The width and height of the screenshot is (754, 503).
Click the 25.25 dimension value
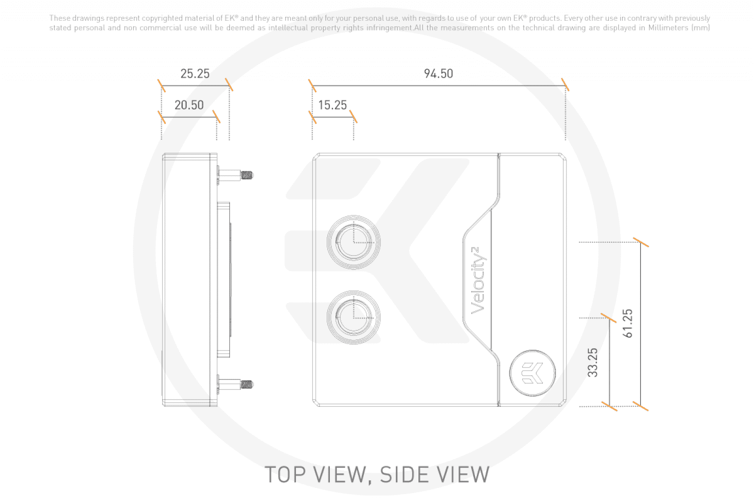(195, 74)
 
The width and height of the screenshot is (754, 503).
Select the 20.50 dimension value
(189, 105)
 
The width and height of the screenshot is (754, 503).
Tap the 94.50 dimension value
(438, 74)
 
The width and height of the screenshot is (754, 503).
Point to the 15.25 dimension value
(333, 105)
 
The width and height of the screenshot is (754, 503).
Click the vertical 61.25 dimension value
(628, 323)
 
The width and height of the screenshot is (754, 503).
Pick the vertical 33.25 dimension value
(593, 363)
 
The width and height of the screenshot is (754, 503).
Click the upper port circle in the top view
(354, 242)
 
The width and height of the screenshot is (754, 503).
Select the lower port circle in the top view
(354, 317)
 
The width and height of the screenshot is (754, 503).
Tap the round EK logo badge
(533, 373)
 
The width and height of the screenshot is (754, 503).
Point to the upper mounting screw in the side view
(235, 175)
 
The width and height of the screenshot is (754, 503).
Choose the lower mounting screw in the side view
(235, 384)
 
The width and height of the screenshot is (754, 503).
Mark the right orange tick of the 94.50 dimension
(565, 84)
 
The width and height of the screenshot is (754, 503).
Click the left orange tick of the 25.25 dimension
(162, 86)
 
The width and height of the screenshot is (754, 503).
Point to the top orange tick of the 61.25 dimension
(641, 242)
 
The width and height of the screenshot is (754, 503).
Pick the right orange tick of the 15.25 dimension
(353, 116)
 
